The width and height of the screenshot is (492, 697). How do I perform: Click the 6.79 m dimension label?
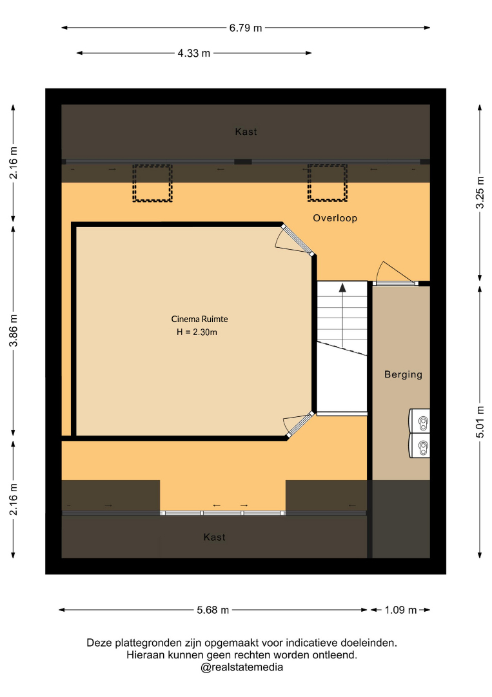tap(246, 28)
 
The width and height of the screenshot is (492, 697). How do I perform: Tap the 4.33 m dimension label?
tap(194, 54)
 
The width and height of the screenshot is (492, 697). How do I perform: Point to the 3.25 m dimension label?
tap(480, 192)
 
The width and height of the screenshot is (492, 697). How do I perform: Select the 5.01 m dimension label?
tap(480, 422)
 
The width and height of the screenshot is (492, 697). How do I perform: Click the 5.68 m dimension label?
tap(213, 610)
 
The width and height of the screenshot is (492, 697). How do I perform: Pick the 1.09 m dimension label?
tap(400, 610)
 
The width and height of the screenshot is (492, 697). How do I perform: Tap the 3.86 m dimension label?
tap(14, 330)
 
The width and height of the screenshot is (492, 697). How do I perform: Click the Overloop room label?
tap(335, 218)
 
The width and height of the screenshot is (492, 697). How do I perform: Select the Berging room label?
tap(403, 374)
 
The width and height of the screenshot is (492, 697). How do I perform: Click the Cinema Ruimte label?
tap(199, 319)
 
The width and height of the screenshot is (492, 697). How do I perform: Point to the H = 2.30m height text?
tap(197, 332)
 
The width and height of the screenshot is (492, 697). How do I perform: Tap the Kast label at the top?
tap(246, 132)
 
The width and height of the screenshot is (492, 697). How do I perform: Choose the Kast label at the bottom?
tap(215, 537)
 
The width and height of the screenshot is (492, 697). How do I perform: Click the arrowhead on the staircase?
tap(342, 287)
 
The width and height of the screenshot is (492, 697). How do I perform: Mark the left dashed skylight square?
tap(152, 183)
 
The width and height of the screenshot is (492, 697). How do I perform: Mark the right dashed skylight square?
tap(328, 183)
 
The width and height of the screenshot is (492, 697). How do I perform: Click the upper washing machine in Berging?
tap(419, 421)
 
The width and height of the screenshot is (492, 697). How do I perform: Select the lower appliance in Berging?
tap(419, 445)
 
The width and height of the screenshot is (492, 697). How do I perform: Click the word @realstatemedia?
tap(242, 667)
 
